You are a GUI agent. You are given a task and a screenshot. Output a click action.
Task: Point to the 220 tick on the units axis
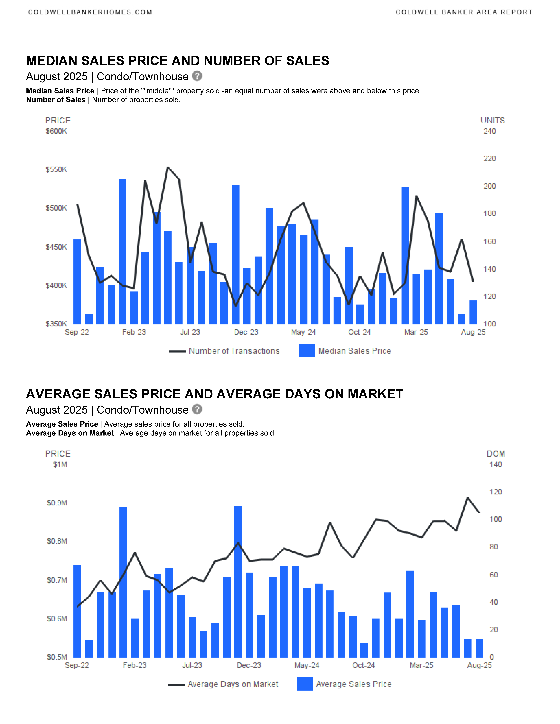(x=489, y=159)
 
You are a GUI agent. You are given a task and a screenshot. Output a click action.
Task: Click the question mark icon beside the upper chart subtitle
(x=197, y=76)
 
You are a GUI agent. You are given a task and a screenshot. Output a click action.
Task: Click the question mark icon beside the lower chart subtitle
(x=197, y=409)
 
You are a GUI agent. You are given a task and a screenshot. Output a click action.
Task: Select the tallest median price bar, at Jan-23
(x=122, y=252)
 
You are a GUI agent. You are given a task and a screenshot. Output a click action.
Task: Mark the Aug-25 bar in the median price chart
(x=473, y=312)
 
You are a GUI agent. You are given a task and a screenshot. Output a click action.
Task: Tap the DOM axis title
(x=496, y=454)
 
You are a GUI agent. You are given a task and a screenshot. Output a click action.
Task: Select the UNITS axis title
(x=493, y=120)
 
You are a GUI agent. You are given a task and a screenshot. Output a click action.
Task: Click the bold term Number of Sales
(x=56, y=100)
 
